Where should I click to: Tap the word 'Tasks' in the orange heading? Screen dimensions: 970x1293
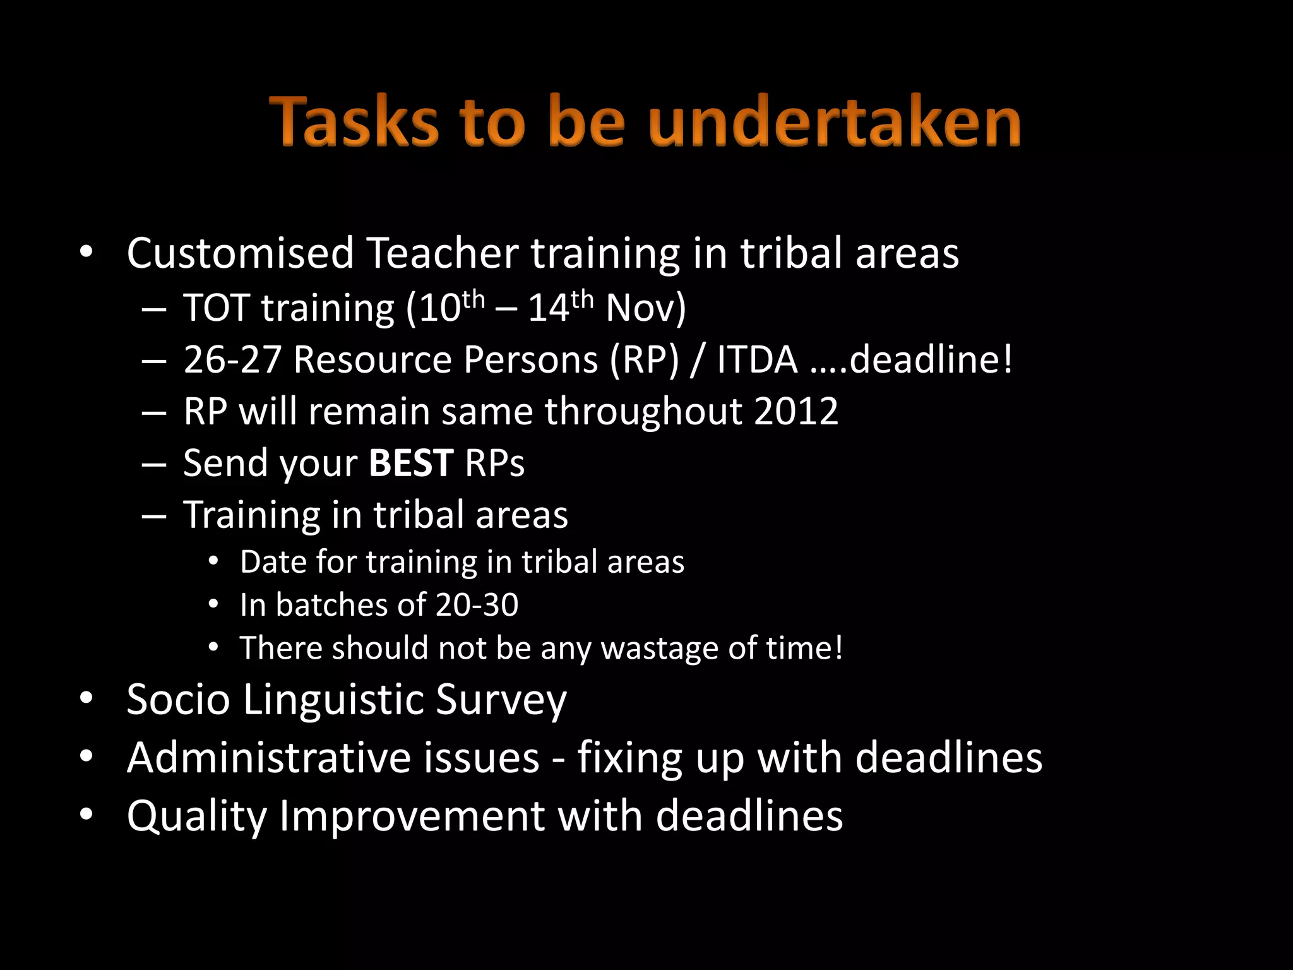pyautogui.click(x=354, y=121)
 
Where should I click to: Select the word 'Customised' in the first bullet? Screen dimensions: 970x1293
pyautogui.click(x=240, y=254)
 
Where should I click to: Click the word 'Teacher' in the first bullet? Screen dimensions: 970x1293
pyautogui.click(x=442, y=254)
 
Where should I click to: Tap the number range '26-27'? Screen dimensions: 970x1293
pyautogui.click(x=232, y=360)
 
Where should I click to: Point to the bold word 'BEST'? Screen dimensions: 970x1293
pyautogui.click(x=410, y=464)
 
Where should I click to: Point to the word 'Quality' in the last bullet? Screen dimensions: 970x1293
pyautogui.click(x=197, y=817)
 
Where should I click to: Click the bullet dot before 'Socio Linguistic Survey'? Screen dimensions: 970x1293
pyautogui.click(x=86, y=698)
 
